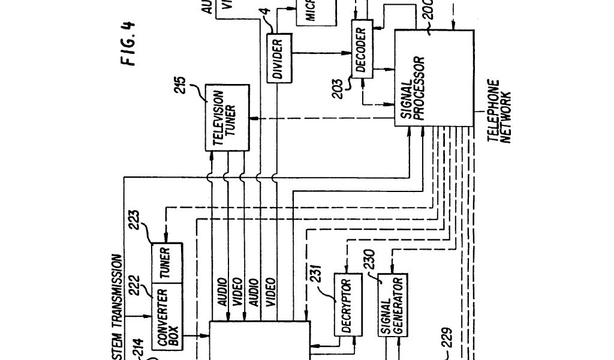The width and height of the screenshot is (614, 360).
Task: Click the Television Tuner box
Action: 226,117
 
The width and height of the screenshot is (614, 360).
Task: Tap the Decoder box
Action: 360,52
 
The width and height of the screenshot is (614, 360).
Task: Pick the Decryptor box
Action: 348,305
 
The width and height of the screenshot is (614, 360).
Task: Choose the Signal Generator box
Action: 392,307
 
